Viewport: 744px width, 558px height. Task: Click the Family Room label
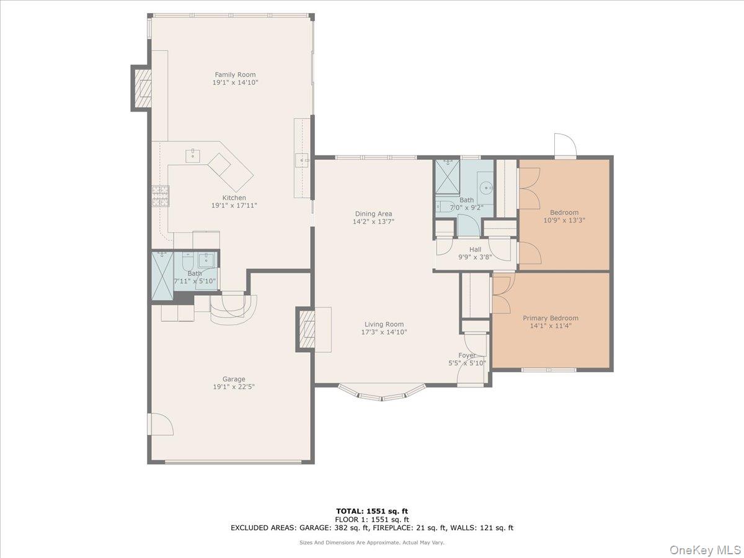pyautogui.click(x=235, y=75)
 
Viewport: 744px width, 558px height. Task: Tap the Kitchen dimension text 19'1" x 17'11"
pyautogui.click(x=234, y=206)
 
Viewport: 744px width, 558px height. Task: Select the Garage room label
pyautogui.click(x=234, y=379)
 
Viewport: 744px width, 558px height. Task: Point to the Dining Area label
pyautogui.click(x=373, y=214)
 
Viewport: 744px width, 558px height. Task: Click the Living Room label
pyautogui.click(x=384, y=324)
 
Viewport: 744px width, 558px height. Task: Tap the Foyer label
pyautogui.click(x=467, y=356)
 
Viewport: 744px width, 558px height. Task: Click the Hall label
pyautogui.click(x=475, y=250)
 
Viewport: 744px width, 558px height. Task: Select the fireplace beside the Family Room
pyautogui.click(x=143, y=88)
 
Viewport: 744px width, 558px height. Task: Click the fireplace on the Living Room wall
pyautogui.click(x=308, y=329)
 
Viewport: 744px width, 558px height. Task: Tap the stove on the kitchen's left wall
pyautogui.click(x=160, y=196)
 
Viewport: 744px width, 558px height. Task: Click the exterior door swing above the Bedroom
pyautogui.click(x=565, y=146)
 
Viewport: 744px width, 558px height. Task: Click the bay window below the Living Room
pyautogui.click(x=382, y=392)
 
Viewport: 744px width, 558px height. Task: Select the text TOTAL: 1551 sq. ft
pyautogui.click(x=372, y=511)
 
